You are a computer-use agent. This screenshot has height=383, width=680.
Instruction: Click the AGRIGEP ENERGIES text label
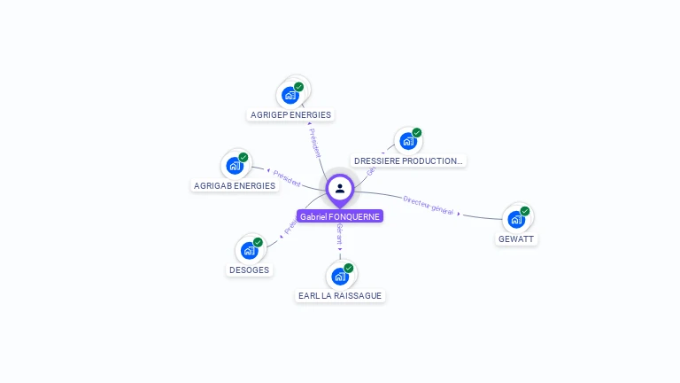click(x=290, y=114)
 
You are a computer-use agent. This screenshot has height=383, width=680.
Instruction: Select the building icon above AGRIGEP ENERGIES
click(x=290, y=95)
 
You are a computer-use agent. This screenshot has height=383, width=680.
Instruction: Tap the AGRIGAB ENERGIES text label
click(x=234, y=185)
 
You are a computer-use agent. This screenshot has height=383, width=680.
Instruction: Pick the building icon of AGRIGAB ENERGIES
click(x=235, y=166)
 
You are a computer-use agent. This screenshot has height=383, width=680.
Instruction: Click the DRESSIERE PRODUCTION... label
click(x=407, y=160)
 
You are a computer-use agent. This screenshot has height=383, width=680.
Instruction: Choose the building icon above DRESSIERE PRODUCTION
click(x=407, y=141)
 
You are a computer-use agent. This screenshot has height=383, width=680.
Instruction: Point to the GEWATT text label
click(x=516, y=238)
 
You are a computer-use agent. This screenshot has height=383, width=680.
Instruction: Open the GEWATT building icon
click(x=516, y=219)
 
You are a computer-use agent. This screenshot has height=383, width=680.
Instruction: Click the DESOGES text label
click(x=249, y=270)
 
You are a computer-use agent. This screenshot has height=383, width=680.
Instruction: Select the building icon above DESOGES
click(x=249, y=250)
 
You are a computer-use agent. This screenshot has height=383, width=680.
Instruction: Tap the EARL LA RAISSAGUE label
click(x=341, y=295)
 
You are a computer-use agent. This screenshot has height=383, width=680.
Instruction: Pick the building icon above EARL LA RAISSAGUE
click(x=340, y=276)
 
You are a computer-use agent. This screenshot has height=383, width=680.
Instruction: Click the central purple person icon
click(x=340, y=188)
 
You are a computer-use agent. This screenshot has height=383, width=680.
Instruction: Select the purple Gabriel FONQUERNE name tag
click(x=340, y=216)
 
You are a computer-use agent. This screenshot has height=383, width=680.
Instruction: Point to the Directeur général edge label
click(x=429, y=206)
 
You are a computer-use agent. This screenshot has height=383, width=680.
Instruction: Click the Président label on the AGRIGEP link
click(x=314, y=143)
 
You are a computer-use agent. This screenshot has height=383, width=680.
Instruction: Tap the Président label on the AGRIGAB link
click(x=287, y=178)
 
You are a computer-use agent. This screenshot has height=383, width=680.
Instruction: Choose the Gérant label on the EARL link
click(x=340, y=235)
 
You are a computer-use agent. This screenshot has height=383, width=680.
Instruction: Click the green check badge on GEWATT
click(x=525, y=211)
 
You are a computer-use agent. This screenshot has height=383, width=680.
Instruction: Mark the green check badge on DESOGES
click(x=258, y=242)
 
